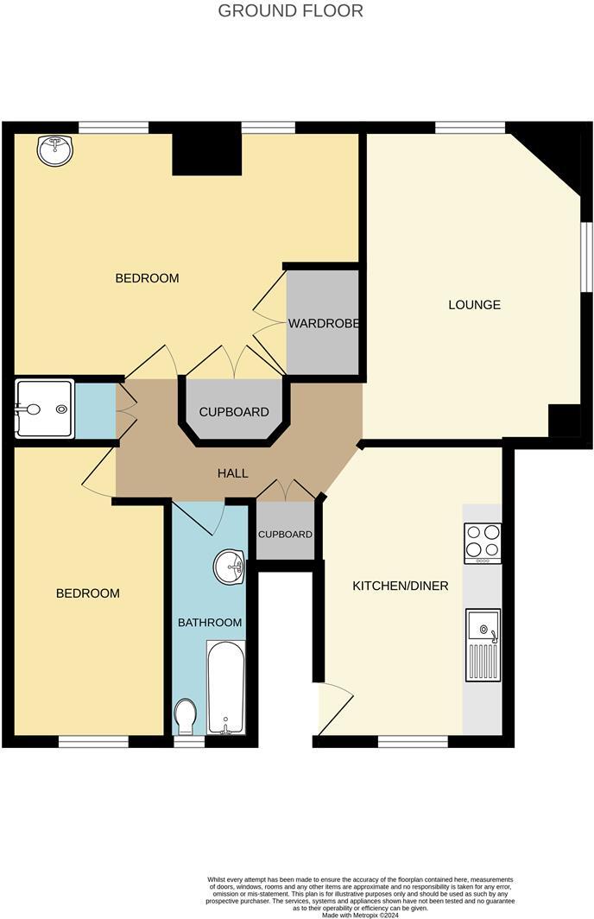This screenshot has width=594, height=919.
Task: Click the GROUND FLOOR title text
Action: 290,11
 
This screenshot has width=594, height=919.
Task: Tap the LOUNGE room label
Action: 474,305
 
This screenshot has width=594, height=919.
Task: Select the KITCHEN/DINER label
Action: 400,586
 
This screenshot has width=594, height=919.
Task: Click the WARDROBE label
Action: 323,324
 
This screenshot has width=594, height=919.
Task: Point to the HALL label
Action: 233,473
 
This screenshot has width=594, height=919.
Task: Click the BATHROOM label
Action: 210,622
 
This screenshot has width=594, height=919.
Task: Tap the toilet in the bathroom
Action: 186,716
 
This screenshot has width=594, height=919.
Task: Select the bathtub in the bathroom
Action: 225,687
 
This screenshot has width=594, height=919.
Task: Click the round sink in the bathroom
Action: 230,567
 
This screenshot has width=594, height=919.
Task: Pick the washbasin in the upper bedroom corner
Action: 54,150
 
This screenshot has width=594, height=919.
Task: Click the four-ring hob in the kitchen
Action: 482,542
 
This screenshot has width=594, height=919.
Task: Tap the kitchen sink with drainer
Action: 483,644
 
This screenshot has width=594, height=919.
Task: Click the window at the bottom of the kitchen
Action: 413,741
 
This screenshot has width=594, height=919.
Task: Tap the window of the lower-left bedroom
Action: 93,741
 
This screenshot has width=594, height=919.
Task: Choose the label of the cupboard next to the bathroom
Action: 286,535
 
